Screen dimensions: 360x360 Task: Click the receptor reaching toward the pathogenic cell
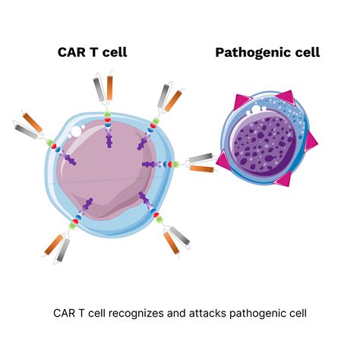pos(199,163)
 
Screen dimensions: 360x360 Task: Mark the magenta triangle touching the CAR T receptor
pos(222,160)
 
